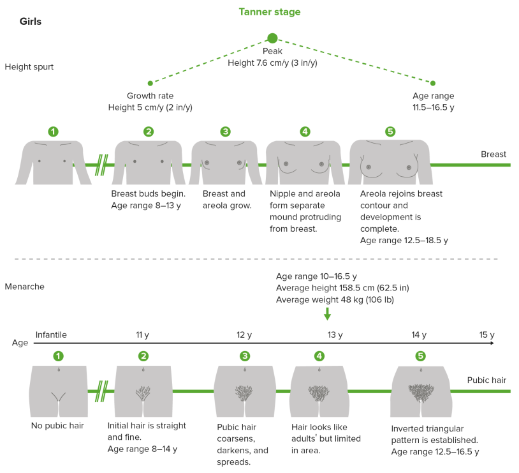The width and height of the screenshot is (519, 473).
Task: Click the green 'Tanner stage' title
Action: [269, 11]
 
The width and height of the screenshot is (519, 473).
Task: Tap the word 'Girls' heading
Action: [31, 21]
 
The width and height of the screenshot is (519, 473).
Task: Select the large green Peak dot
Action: [273, 38]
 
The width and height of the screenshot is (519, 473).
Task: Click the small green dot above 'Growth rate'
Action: [150, 83]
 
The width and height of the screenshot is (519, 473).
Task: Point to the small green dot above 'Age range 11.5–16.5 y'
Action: [433, 83]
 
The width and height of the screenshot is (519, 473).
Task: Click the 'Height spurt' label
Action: [29, 66]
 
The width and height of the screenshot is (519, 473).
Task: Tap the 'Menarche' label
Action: [24, 287]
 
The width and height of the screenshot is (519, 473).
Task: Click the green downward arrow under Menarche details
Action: [327, 313]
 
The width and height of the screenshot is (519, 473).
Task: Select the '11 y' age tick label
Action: [143, 334]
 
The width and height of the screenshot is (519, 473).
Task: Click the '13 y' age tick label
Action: [335, 334]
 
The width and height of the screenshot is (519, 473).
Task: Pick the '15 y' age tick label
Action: [486, 334]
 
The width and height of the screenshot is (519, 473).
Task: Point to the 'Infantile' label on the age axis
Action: [51, 334]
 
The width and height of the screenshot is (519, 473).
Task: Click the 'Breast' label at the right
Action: [493, 154]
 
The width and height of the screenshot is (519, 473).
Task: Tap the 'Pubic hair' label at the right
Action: [486, 380]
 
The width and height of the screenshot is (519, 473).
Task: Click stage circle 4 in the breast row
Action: [305, 131]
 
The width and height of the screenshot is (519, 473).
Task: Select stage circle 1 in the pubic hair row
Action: [59, 356]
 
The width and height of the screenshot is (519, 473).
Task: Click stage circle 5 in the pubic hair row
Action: [420, 356]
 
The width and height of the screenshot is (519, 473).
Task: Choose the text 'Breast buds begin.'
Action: [148, 193]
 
